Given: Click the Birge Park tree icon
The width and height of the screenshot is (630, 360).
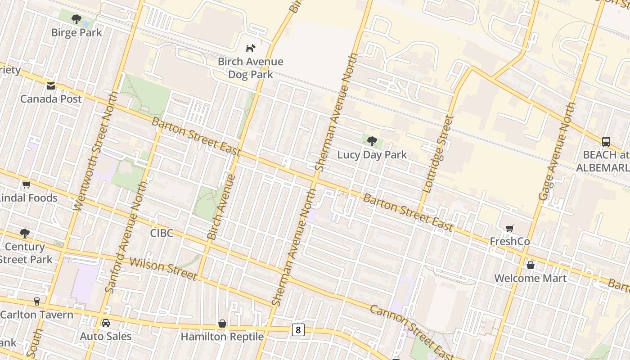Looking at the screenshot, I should (x=76, y=19).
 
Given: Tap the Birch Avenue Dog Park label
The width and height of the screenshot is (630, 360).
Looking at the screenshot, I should (x=251, y=68).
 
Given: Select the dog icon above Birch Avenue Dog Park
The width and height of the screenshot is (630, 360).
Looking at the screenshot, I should (x=250, y=48).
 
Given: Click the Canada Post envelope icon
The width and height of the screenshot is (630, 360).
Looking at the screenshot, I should (x=51, y=85).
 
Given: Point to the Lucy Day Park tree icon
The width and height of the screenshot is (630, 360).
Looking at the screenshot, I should (x=372, y=141).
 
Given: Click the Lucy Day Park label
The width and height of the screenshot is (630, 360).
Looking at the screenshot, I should (x=372, y=155).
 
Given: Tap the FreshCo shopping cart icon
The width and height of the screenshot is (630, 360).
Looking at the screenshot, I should (x=509, y=228).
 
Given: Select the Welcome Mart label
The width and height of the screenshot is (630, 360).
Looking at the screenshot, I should (x=530, y=278).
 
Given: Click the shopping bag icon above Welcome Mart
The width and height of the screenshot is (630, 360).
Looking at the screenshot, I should (x=531, y=265).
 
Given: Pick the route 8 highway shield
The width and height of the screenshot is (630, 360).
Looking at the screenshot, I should (x=297, y=330).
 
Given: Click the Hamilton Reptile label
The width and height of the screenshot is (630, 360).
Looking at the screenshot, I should (x=222, y=337).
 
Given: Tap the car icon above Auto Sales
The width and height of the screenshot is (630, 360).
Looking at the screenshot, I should (x=106, y=323).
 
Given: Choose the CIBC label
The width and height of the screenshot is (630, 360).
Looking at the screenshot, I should (x=161, y=233).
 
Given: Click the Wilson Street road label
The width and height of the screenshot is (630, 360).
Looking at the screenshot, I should (x=163, y=269).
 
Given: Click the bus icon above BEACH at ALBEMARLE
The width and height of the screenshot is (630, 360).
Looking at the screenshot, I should (x=606, y=141).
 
